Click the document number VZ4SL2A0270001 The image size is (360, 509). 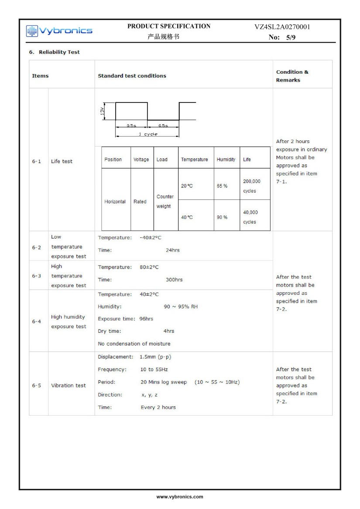click(x=282, y=27)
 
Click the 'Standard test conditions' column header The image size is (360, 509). click(x=132, y=76)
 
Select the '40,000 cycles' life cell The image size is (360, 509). click(x=250, y=217)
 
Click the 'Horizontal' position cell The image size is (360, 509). click(x=115, y=202)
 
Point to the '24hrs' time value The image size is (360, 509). click(x=172, y=250)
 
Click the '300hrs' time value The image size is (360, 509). click(x=174, y=280)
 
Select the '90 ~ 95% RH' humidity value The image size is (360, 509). click(x=181, y=307)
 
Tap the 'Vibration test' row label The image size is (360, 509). click(x=69, y=386)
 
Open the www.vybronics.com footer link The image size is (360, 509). click(x=180, y=496)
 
